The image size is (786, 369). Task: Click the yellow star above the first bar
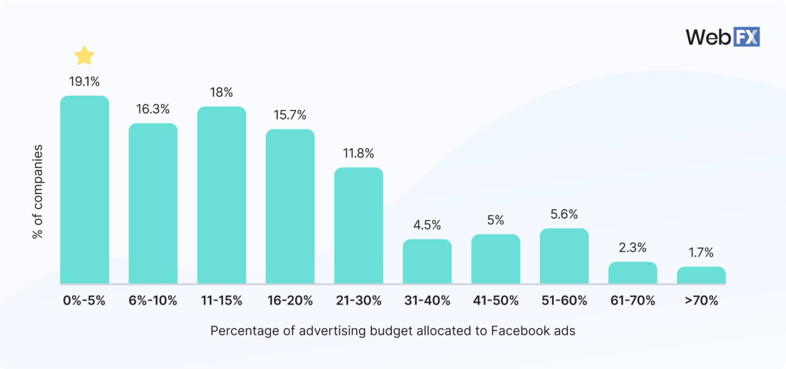pyautogui.click(x=84, y=55)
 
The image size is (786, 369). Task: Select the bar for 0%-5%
pyautogui.click(x=84, y=189)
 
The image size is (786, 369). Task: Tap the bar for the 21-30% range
pyautogui.click(x=358, y=225)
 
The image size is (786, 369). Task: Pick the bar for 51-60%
pyautogui.click(x=564, y=256)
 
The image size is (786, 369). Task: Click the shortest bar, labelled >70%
pyautogui.click(x=701, y=275)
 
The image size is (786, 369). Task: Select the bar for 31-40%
pyautogui.click(x=427, y=261)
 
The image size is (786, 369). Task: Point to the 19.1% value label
pyautogui.click(x=84, y=81)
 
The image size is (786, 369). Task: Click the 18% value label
pyautogui.click(x=221, y=93)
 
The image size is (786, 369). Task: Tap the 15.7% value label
pyautogui.click(x=290, y=115)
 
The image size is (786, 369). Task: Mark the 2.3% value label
pyautogui.click(x=632, y=248)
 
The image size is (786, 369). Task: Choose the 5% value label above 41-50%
pyautogui.click(x=495, y=220)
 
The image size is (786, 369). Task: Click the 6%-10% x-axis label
pyautogui.click(x=152, y=300)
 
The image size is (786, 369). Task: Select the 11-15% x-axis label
pyautogui.click(x=221, y=300)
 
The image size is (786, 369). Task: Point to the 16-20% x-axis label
pyautogui.click(x=290, y=300)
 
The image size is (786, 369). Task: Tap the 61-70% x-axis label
pyautogui.click(x=632, y=300)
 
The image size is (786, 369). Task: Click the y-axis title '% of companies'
pyautogui.click(x=37, y=192)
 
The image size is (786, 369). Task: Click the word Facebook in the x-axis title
pyautogui.click(x=514, y=331)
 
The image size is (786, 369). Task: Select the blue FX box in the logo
pyautogui.click(x=747, y=37)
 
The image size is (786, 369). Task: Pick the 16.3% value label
pyautogui.click(x=152, y=109)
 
